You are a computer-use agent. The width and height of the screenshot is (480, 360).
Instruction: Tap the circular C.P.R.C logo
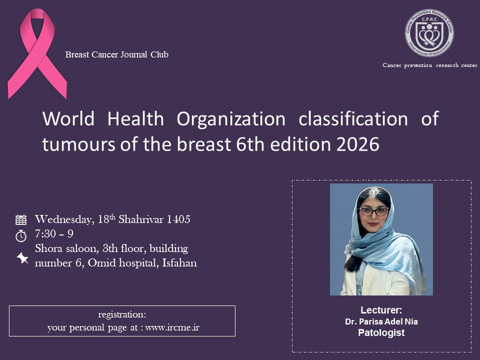pyautogui.click(x=429, y=33)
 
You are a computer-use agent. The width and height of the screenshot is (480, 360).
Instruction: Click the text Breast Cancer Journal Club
pyautogui.click(x=116, y=54)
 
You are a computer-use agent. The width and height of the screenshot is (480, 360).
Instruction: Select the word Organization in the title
pyautogui.click(x=231, y=119)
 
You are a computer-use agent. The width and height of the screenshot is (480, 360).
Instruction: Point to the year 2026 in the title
pyautogui.click(x=358, y=144)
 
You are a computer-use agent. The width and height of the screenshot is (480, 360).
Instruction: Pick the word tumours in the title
pyautogui.click(x=78, y=144)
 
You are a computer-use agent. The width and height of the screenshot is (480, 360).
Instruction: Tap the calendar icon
pyautogui.click(x=21, y=220)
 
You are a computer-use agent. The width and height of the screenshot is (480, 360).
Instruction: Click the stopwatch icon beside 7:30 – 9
pyautogui.click(x=21, y=235)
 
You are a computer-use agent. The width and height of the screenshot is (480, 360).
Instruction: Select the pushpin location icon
pyautogui.click(x=22, y=258)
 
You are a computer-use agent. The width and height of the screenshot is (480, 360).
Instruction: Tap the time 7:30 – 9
pyautogui.click(x=54, y=234)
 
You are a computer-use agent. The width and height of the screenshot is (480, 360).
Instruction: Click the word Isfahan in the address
pyautogui.click(x=179, y=263)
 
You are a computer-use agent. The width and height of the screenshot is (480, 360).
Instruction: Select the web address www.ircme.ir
pyautogui.click(x=172, y=327)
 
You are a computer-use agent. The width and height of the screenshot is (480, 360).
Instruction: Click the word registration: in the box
pyautogui.click(x=122, y=314)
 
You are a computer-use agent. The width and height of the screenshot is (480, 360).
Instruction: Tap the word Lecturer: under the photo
pyautogui.click(x=381, y=310)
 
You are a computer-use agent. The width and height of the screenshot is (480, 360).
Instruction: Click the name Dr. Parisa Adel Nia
pyautogui.click(x=381, y=321)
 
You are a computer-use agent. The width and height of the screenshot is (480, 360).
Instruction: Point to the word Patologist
pyautogui.click(x=381, y=333)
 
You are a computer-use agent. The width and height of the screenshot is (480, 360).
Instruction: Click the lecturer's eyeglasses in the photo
pyautogui.click(x=374, y=211)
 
